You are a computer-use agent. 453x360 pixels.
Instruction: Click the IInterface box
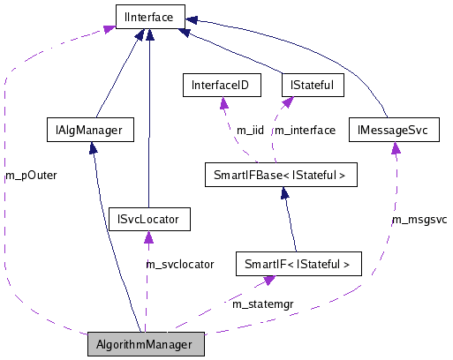(149, 15)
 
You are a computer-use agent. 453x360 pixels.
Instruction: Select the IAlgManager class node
(89, 131)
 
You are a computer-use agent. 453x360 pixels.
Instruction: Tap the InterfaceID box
(221, 86)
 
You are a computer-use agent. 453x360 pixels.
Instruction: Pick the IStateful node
(311, 86)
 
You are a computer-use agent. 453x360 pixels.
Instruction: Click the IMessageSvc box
(393, 131)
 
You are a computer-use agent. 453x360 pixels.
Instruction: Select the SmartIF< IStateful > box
(298, 263)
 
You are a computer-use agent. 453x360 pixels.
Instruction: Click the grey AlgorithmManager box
(146, 343)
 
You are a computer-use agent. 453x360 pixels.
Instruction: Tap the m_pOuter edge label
(31, 175)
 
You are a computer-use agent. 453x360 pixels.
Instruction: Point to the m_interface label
(305, 131)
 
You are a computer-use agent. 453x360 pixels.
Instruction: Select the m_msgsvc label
(419, 218)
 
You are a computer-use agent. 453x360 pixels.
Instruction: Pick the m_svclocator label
(180, 264)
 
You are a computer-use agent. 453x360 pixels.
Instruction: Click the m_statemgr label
(262, 304)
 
